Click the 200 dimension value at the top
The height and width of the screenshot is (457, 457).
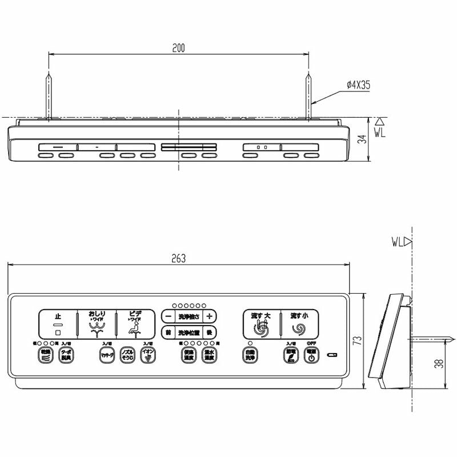(178, 49)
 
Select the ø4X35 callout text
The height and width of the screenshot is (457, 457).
(358, 85)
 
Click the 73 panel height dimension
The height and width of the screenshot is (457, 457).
(358, 342)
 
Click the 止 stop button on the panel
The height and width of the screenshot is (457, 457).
(58, 324)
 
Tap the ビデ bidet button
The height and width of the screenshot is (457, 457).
(135, 324)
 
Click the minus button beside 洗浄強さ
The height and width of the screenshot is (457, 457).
(168, 316)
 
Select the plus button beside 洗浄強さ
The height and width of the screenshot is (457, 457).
(210, 316)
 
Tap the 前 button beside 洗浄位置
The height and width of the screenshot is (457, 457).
(168, 332)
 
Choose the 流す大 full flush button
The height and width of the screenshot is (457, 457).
(261, 324)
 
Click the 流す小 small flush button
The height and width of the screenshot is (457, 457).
(299, 324)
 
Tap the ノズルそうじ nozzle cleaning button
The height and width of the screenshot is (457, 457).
(128, 356)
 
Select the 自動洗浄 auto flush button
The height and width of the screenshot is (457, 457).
(249, 356)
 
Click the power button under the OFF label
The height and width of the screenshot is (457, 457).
(311, 356)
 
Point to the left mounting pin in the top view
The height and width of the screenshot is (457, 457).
(49, 94)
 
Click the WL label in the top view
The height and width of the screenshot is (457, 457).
(381, 131)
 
